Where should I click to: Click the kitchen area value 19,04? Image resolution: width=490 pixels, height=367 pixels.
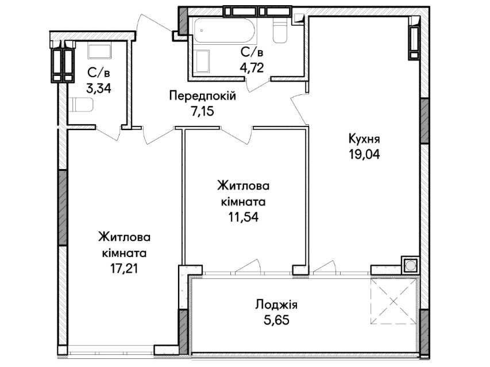364,154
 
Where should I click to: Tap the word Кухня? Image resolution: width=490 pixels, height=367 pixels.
364,139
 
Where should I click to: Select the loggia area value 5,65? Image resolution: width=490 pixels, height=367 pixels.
276,320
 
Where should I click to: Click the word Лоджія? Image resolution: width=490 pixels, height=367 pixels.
276,305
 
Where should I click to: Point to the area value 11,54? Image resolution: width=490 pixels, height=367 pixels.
244,217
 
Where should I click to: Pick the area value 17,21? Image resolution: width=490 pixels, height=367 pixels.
124,268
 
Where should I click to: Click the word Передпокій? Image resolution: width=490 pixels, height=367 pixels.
203,95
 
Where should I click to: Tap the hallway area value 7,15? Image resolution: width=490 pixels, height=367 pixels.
203,111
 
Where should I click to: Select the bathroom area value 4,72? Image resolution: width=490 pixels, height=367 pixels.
252,67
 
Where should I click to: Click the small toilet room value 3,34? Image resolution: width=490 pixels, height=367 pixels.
99,89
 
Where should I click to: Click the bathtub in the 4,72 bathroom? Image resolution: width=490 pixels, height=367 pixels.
225,30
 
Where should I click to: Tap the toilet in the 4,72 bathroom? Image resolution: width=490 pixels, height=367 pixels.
280,30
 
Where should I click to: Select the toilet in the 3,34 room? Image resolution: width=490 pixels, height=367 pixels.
80,105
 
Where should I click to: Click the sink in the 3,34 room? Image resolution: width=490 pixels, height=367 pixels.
99,51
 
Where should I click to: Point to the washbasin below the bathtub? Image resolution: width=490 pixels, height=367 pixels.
202,62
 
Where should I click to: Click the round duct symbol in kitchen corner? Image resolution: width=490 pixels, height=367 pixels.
410,265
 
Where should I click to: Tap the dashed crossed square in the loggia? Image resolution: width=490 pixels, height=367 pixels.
393,301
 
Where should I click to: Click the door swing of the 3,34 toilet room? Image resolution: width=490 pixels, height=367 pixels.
109,133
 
